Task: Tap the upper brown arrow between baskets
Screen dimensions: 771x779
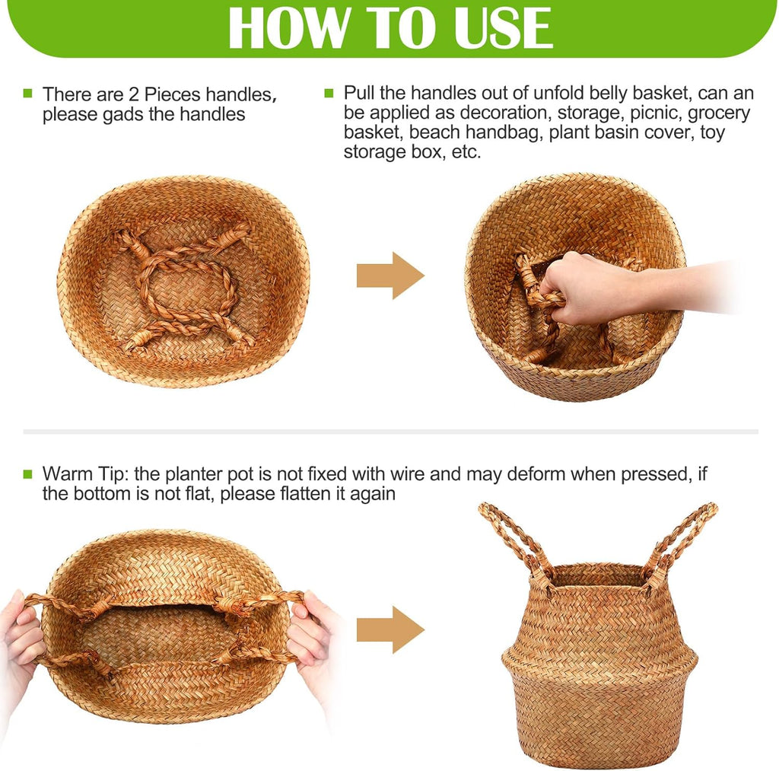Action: (x=389, y=275)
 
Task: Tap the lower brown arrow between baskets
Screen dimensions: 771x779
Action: (x=389, y=629)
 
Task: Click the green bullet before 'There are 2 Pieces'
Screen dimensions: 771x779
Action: (x=28, y=94)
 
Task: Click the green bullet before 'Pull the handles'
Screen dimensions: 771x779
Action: (x=329, y=93)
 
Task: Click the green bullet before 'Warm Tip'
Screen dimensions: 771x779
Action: (x=28, y=473)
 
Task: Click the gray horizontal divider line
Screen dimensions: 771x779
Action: (x=389, y=432)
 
